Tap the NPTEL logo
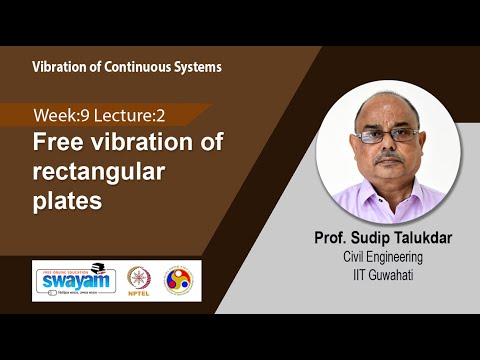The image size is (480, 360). [x=139, y=278]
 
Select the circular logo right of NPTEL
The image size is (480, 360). [x=181, y=278]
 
